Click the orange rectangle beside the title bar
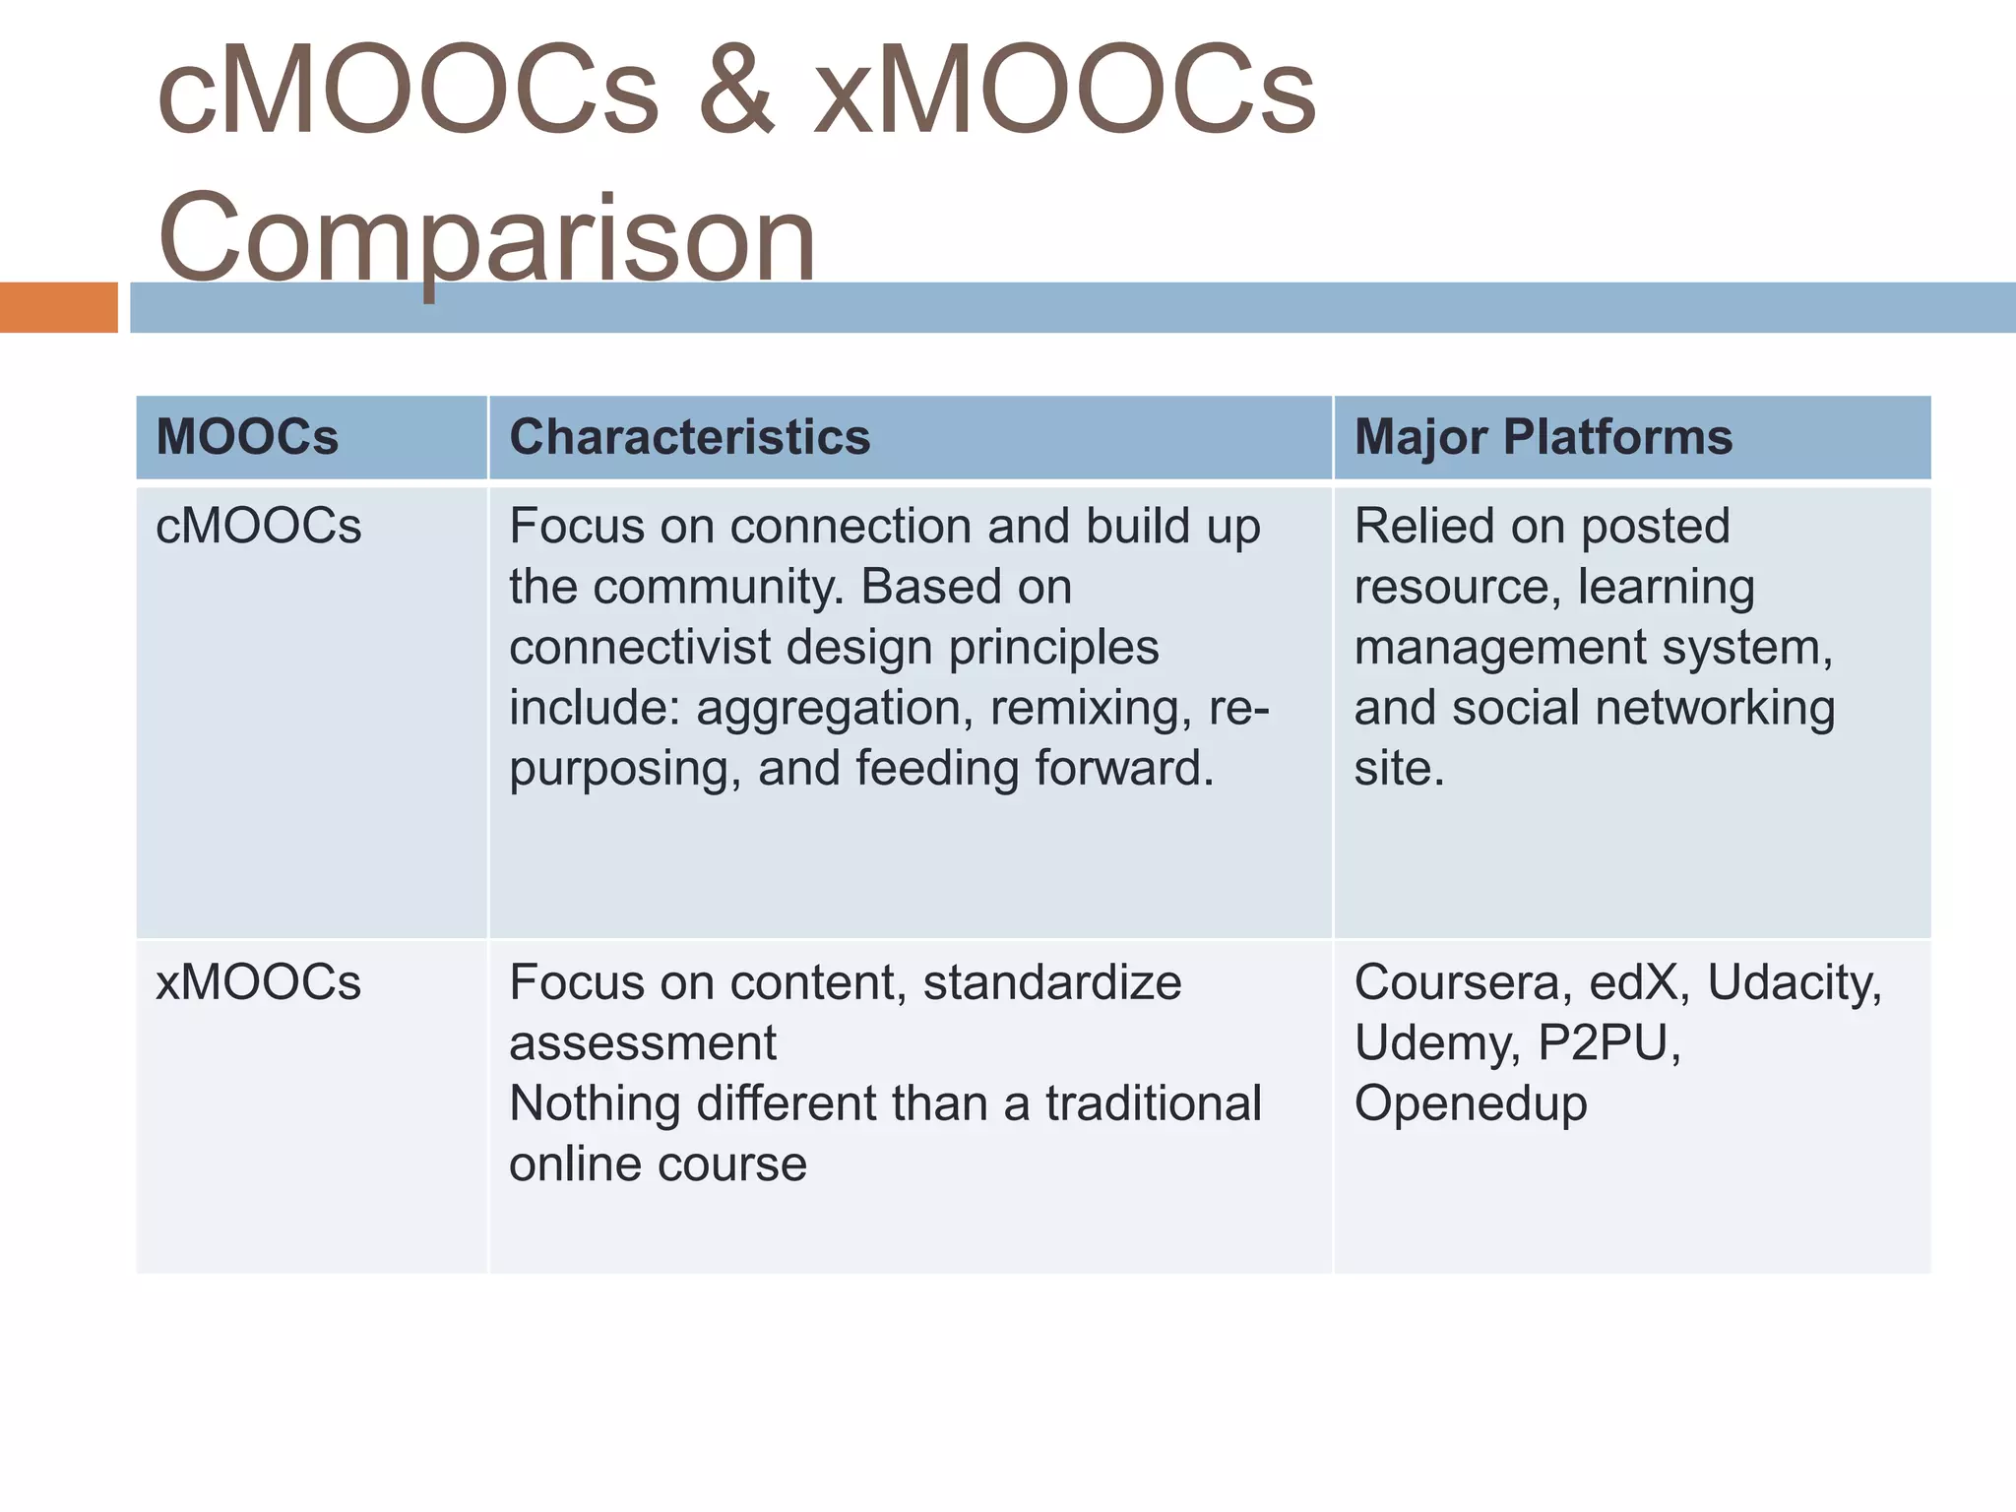tap(58, 307)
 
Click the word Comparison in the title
tap(486, 238)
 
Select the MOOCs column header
tap(247, 437)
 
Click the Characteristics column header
tap(689, 437)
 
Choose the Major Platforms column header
tap(1543, 437)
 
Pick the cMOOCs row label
tap(259, 527)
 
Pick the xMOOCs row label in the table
tap(259, 982)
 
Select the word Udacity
tap(1794, 982)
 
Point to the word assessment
tap(643, 1043)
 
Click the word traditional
tap(1153, 1103)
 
